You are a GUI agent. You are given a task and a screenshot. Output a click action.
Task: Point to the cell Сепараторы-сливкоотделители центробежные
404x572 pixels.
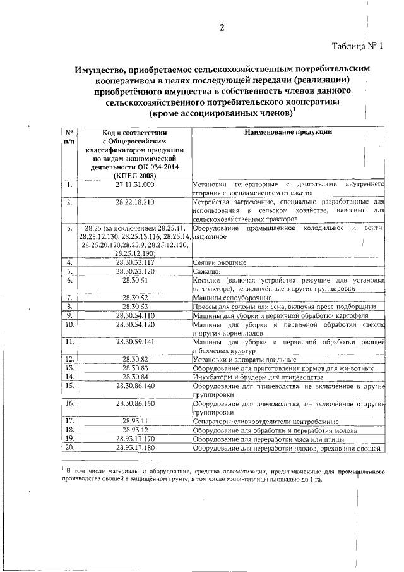tap(265, 421)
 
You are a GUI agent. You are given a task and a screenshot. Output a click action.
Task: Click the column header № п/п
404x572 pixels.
tap(69, 137)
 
